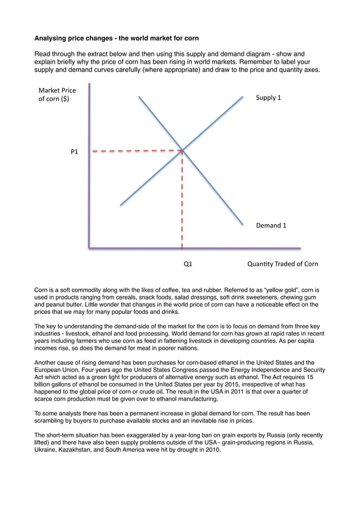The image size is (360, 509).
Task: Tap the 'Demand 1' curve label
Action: (271, 225)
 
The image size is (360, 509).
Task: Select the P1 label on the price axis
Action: (74, 152)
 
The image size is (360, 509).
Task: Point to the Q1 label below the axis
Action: (188, 264)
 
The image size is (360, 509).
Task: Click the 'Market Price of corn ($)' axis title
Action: (57, 95)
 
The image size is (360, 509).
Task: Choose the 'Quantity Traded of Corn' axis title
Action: (282, 264)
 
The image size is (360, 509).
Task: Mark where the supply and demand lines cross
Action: (182, 150)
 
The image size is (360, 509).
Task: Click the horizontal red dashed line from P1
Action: (135, 151)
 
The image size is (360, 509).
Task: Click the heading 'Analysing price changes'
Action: (116, 38)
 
